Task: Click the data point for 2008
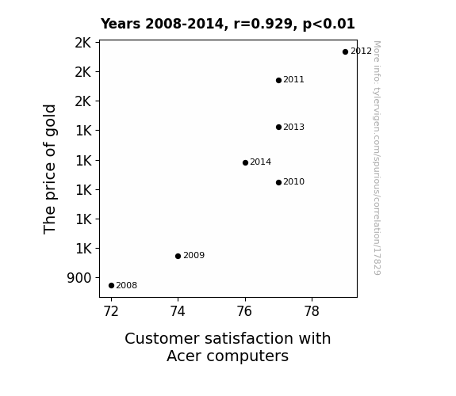pyautogui.click(x=111, y=286)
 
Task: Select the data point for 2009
pyautogui.click(x=178, y=256)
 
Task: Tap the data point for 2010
pyautogui.click(x=278, y=182)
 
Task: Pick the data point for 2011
pyautogui.click(x=278, y=80)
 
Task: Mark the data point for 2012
pyautogui.click(x=345, y=51)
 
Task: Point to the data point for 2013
pyautogui.click(x=278, y=127)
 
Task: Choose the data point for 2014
pyautogui.click(x=245, y=162)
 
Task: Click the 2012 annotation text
pyautogui.click(x=361, y=51)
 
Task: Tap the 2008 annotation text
pyautogui.click(x=127, y=285)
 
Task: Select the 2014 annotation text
pyautogui.click(x=261, y=162)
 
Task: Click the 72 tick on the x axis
pyautogui.click(x=111, y=311)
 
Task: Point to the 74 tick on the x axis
pyautogui.click(x=178, y=311)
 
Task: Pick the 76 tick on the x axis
pyautogui.click(x=244, y=311)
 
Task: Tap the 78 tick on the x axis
pyautogui.click(x=312, y=311)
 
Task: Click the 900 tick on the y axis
pyautogui.click(x=79, y=278)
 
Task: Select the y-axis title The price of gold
pyautogui.click(x=49, y=169)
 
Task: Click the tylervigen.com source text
pyautogui.click(x=377, y=158)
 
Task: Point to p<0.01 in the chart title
pyautogui.click(x=328, y=25)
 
